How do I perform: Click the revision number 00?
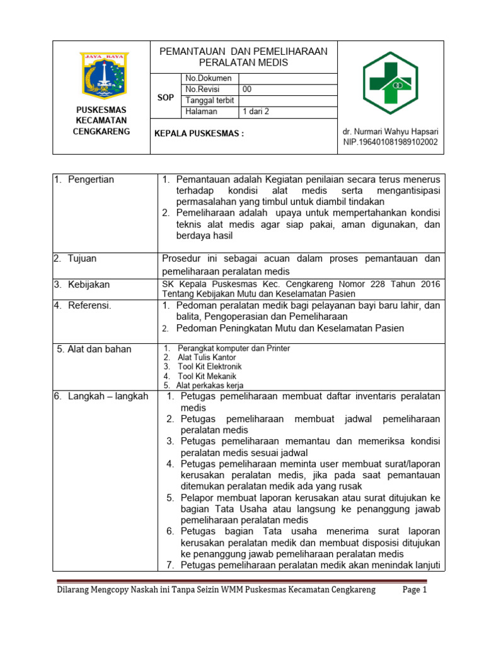coord(247,90)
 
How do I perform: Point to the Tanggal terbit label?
coord(210,101)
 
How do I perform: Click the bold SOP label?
coord(165,98)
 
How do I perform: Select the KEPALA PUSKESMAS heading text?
coord(199,134)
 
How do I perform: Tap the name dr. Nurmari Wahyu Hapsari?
coord(390,132)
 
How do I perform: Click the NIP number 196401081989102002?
coord(390,143)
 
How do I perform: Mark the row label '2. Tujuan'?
coord(75,259)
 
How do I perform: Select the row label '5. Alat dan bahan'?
coord(94,349)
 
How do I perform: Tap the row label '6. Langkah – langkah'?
coord(100,396)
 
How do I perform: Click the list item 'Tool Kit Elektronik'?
coord(209,367)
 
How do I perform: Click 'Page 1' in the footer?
coord(415,590)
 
